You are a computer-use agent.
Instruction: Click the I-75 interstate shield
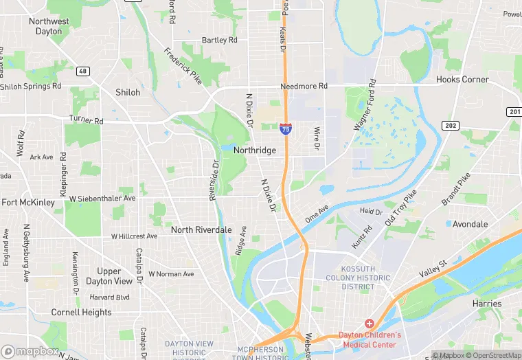click(x=285, y=128)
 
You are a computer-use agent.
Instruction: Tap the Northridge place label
click(x=254, y=150)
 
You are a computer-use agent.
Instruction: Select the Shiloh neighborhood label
click(x=128, y=92)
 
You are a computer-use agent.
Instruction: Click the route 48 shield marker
click(x=82, y=71)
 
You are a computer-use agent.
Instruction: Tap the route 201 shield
click(x=515, y=112)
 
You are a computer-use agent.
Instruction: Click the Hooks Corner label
click(x=462, y=80)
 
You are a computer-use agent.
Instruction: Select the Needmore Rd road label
click(x=304, y=87)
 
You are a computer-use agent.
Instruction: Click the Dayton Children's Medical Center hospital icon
click(x=369, y=323)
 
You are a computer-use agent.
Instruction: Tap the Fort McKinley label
click(x=27, y=203)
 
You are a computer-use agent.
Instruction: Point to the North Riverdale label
click(x=201, y=229)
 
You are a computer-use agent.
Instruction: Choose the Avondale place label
click(x=470, y=224)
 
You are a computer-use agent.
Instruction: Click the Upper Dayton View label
click(x=109, y=276)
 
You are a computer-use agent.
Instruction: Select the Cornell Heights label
click(x=81, y=312)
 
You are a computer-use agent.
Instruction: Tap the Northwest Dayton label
click(x=49, y=26)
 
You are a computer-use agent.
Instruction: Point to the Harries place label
click(x=487, y=303)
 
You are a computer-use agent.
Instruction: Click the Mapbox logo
click(x=30, y=350)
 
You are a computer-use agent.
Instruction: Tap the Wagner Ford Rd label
click(x=366, y=104)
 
